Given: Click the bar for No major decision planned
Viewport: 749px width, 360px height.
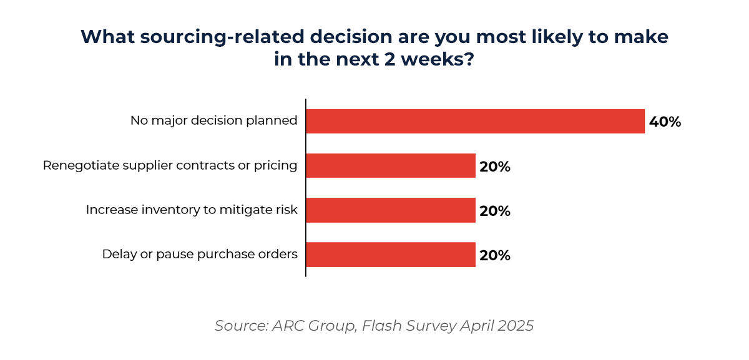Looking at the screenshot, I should tap(475, 121).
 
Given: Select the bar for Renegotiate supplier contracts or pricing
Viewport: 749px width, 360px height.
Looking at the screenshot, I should tap(391, 166).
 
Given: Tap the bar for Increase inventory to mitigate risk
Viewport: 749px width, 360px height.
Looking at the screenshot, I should tap(391, 210).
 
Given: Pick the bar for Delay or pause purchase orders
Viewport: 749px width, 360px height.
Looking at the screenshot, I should tap(391, 255).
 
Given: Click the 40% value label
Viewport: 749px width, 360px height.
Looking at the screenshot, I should tap(665, 122).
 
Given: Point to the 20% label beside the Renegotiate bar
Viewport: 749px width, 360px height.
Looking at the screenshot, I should tap(495, 167).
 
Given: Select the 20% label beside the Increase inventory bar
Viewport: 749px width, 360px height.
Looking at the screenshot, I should tap(495, 211).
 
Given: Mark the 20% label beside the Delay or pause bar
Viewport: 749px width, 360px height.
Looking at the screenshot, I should tap(495, 255).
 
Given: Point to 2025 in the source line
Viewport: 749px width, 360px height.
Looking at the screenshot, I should tap(516, 326).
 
